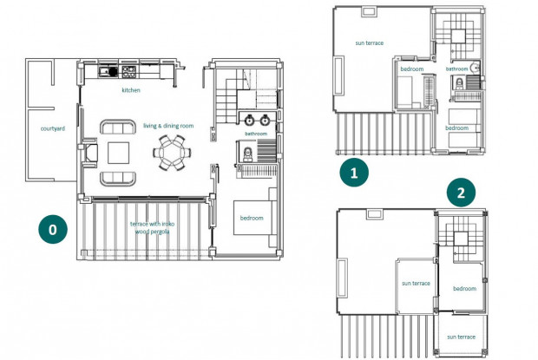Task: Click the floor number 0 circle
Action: pos(53,229)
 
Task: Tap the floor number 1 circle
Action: pos(354,173)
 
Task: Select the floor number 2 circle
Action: pos(461,193)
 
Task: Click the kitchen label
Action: pos(131,90)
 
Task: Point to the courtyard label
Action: pos(52,128)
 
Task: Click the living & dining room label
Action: pos(168,126)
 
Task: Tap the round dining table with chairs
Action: pos(172,153)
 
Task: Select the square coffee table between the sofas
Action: pos(118,153)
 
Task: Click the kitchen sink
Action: pos(108,72)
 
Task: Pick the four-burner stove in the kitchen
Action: pos(128,72)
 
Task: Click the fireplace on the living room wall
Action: pos(90,153)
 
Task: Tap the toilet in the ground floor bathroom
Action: pos(247,154)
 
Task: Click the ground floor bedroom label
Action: pos(252,218)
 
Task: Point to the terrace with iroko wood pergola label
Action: pos(152,227)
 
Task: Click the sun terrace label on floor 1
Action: pos(369,43)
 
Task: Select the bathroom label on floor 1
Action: pos(456,69)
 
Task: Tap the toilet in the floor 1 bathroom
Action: pos(459,83)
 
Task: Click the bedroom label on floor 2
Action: pos(464,289)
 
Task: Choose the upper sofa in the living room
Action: pos(118,127)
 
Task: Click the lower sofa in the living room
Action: pos(118,179)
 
